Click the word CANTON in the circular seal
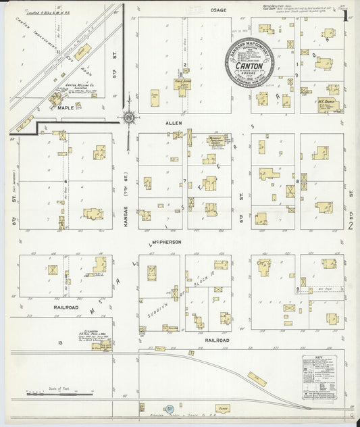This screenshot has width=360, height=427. pyautogui.click(x=249, y=66)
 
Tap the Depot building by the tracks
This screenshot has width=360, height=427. pyautogui.click(x=222, y=408)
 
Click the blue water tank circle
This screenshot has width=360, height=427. pyautogui.click(x=170, y=409)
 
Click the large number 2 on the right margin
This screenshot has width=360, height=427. pyautogui.click(x=351, y=226)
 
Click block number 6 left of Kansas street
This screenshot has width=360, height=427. pyautogui.click(x=66, y=181)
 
